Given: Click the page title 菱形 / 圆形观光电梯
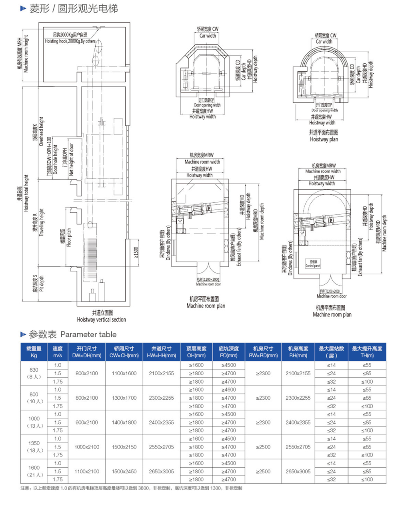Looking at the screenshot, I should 74,9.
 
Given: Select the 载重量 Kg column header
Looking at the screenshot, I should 34,352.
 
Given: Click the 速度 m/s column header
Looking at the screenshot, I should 58,352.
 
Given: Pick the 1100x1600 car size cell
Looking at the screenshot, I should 124,373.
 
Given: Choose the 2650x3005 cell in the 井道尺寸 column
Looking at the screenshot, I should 161,471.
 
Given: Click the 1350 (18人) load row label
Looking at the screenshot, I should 34,447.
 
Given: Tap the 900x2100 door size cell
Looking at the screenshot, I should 87,422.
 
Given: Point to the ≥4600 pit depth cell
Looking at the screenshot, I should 229,390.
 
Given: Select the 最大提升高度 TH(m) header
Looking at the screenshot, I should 367,352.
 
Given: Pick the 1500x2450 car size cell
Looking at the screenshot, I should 124,471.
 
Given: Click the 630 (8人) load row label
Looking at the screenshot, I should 34,373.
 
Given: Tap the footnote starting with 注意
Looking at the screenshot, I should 131,488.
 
